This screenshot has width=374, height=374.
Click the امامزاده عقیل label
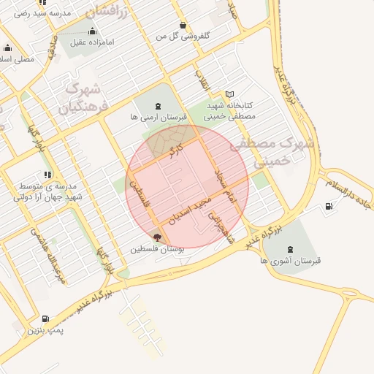(x=92, y=43)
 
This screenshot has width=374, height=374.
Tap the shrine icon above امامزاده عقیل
(x=92, y=31)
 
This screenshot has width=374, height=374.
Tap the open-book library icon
(x=230, y=94)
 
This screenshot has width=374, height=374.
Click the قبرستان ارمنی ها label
(x=159, y=117)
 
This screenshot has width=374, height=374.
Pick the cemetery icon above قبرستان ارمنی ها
(x=159, y=106)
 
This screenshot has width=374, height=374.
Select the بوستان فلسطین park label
(x=157, y=248)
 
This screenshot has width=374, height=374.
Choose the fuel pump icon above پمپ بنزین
(x=46, y=319)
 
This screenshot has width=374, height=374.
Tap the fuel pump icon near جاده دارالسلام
(x=329, y=207)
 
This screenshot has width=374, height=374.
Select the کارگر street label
(x=172, y=153)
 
